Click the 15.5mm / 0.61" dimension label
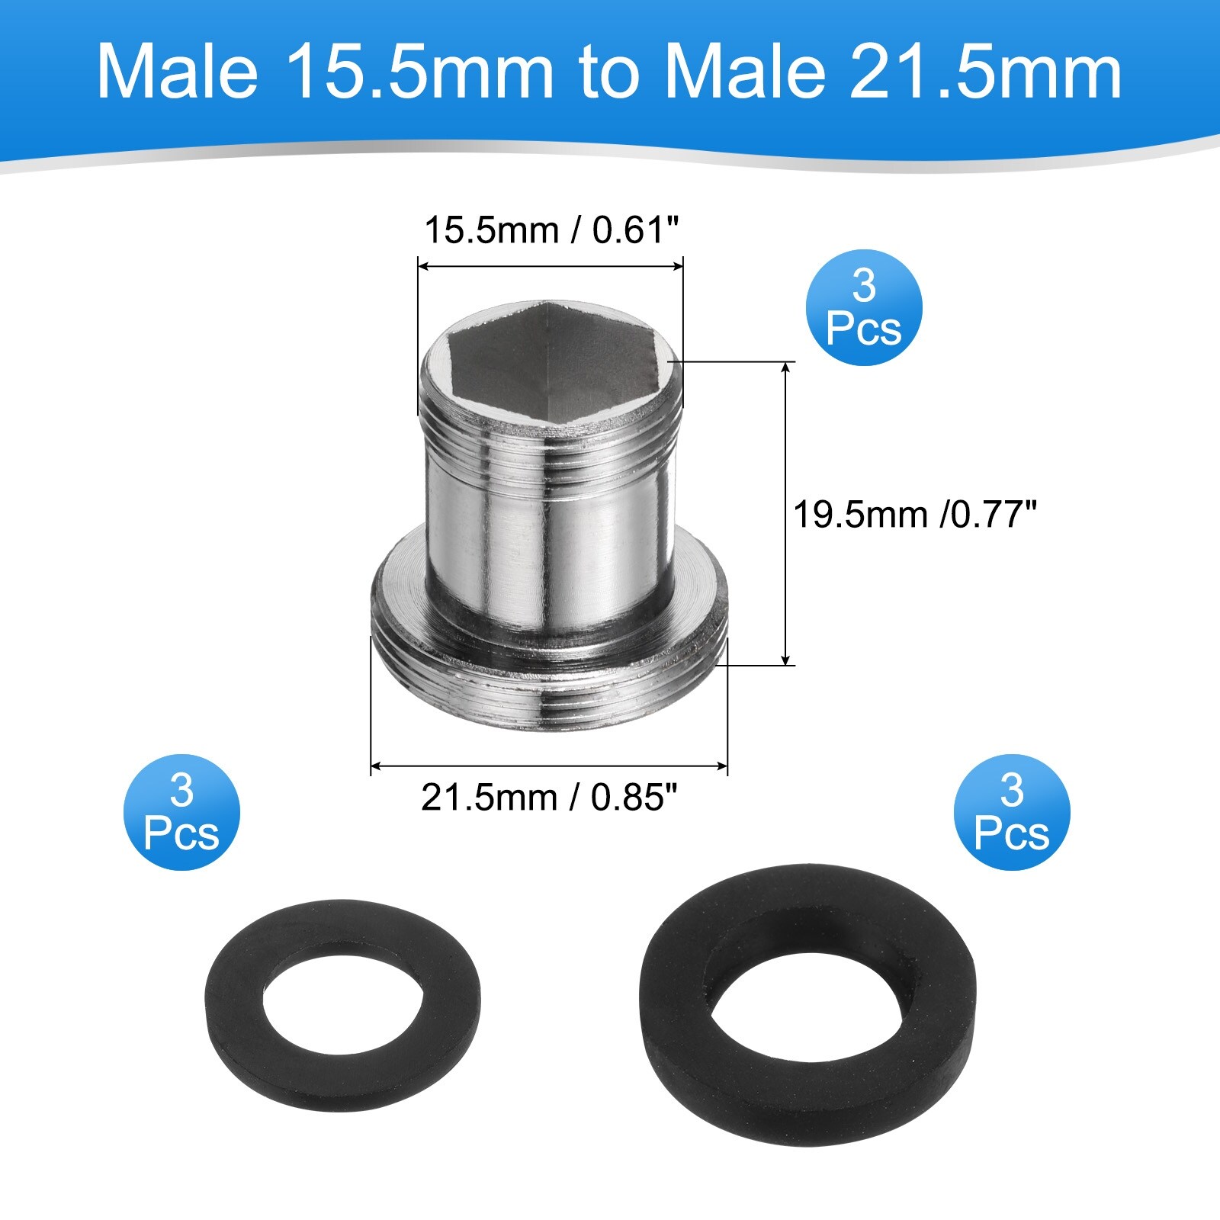coord(551,230)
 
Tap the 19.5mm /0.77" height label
coord(915,515)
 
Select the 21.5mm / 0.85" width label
coord(549,798)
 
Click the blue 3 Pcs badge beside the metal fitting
coord(864,307)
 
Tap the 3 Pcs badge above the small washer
coord(181,812)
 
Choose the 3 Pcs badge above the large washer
coord(1012,812)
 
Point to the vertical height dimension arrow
coord(786,515)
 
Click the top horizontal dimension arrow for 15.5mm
coord(551,266)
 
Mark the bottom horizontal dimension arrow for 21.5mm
coord(549,765)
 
